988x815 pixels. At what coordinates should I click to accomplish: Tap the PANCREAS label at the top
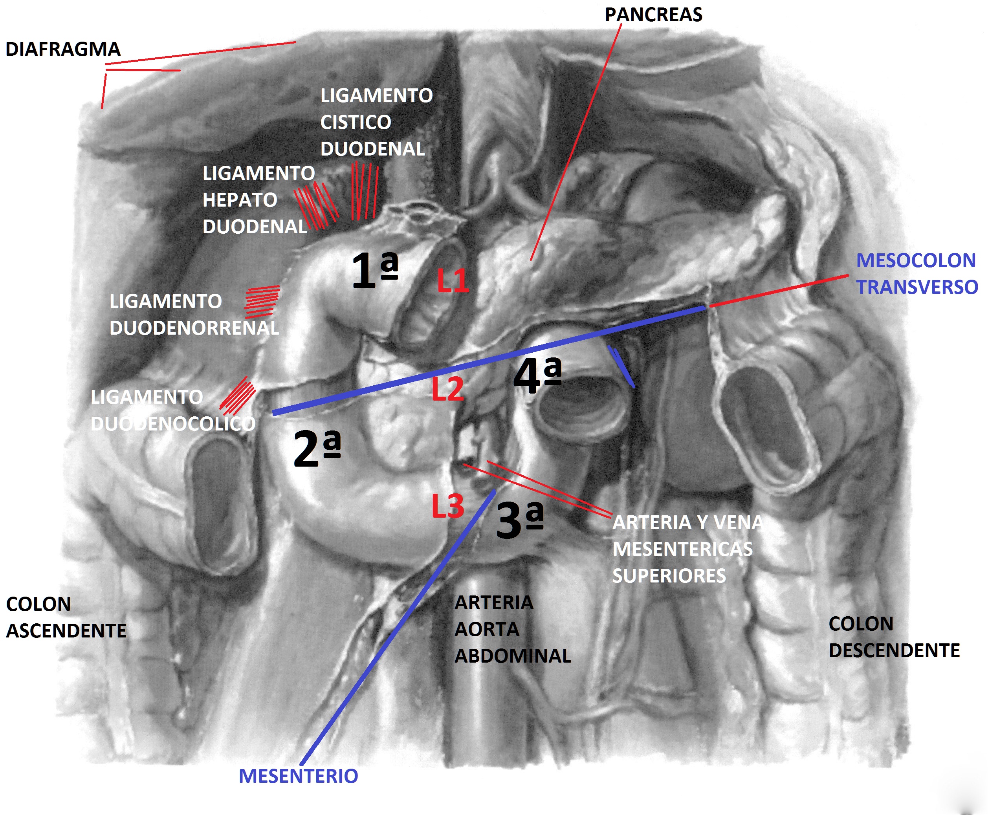point(653,15)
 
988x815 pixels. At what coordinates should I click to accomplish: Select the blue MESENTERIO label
point(298,776)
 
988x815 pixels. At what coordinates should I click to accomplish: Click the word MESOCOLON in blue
point(916,260)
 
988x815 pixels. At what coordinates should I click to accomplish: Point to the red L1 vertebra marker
point(453,281)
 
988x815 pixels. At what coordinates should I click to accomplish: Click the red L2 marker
point(447,389)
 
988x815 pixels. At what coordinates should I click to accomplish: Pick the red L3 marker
point(447,506)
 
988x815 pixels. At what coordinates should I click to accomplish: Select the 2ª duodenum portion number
point(317,448)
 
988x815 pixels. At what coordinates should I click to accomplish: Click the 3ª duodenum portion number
point(519,519)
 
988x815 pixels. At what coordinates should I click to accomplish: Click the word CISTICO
point(356,123)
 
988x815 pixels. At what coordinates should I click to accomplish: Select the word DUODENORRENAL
point(194,328)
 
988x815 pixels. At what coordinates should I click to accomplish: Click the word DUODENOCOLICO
point(173,424)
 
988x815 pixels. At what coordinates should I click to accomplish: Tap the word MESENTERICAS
point(682,549)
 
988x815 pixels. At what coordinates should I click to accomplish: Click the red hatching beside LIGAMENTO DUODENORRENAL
point(262,302)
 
